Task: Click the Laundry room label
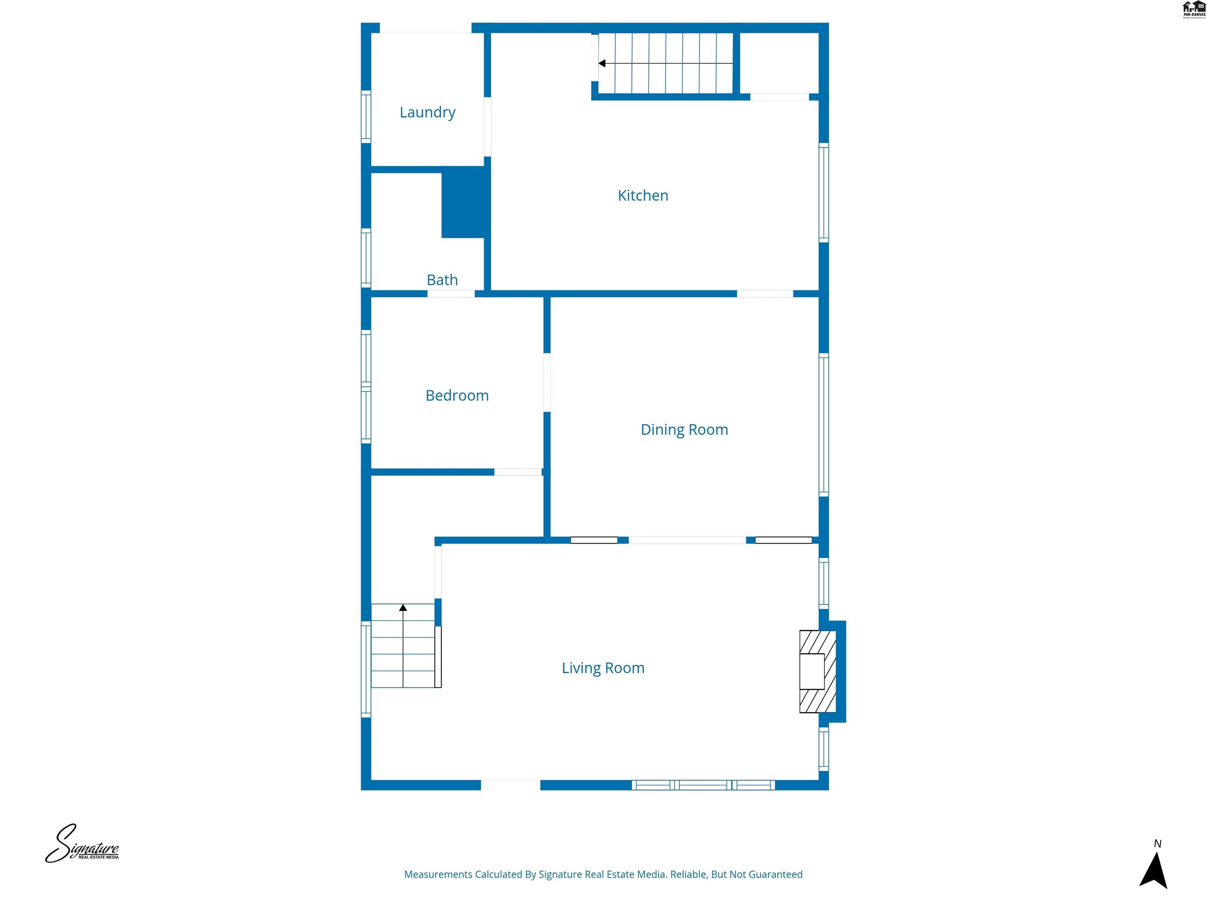427,112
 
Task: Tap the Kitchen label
643,195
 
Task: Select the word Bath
442,280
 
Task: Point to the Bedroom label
457,396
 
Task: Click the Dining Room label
684,430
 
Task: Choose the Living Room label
603,668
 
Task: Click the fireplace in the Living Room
817,672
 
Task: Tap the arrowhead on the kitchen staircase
602,63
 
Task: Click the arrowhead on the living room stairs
403,608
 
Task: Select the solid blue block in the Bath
463,202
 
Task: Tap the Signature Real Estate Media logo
82,844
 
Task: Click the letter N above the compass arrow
1157,844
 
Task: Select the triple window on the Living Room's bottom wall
703,785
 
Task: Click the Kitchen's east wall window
824,192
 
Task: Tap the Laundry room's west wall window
366,117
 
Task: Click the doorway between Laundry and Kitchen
487,126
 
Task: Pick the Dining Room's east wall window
824,425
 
